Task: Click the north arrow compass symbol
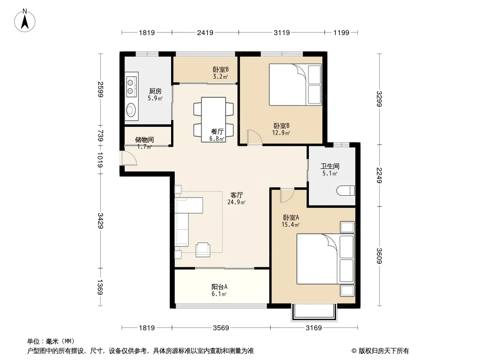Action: pyautogui.click(x=25, y=20)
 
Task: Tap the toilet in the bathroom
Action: pyautogui.click(x=346, y=190)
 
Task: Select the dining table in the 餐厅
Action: pyautogui.click(x=214, y=119)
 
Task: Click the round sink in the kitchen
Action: pyautogui.click(x=131, y=110)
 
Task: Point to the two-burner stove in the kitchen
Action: pyautogui.click(x=131, y=86)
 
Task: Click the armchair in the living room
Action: pyautogui.click(x=203, y=249)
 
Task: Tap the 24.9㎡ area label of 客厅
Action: pyautogui.click(x=236, y=202)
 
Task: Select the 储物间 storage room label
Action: pyautogui.click(x=145, y=140)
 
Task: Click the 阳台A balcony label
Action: pyautogui.click(x=219, y=287)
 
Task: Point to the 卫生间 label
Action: pyautogui.click(x=330, y=166)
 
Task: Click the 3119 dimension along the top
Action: pyautogui.click(x=281, y=32)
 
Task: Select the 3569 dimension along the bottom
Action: pyautogui.click(x=221, y=328)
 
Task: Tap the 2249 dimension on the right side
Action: pyautogui.click(x=379, y=175)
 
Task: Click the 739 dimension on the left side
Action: pyautogui.click(x=100, y=136)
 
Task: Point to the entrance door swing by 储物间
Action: pyautogui.click(x=129, y=158)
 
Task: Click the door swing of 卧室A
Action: pyautogui.click(x=287, y=196)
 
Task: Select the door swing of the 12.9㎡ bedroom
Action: pyautogui.click(x=255, y=137)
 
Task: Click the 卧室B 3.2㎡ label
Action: pyautogui.click(x=221, y=73)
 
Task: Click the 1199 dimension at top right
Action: pyautogui.click(x=341, y=32)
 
